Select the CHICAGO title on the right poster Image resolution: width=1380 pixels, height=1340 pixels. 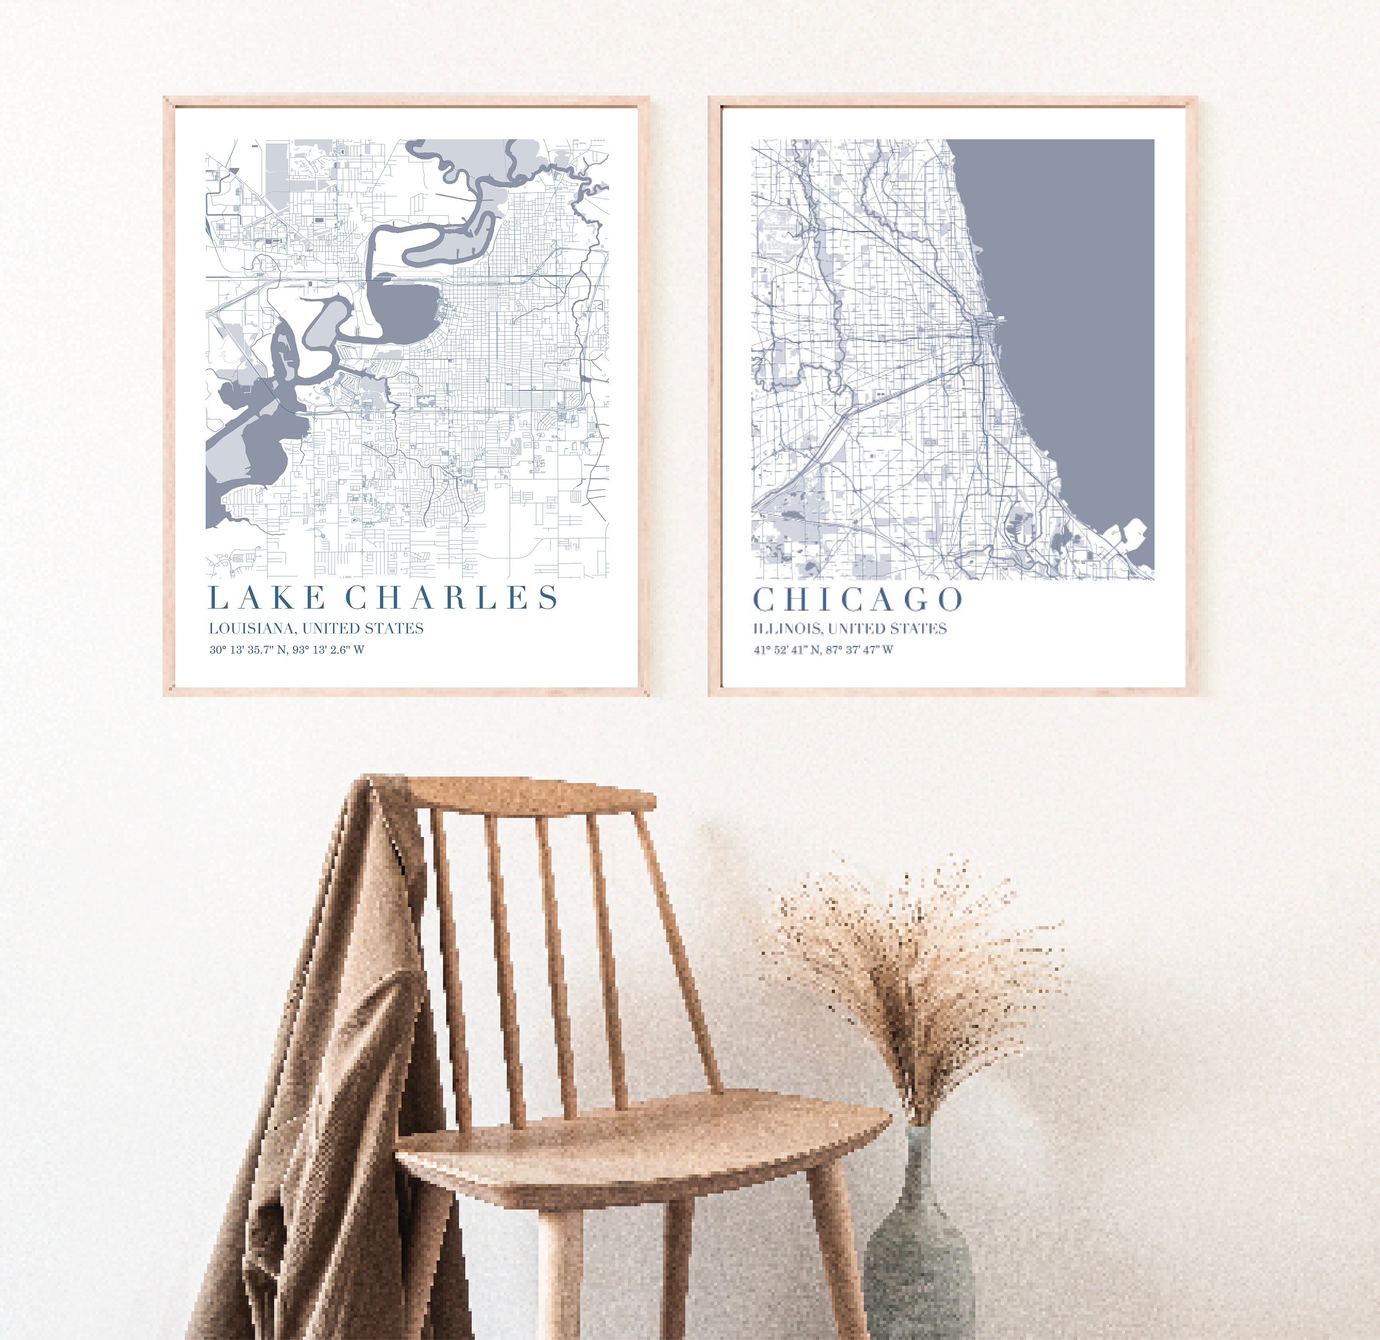pyautogui.click(x=857, y=600)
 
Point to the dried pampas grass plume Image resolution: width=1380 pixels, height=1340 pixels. pyautogui.click(x=915, y=951)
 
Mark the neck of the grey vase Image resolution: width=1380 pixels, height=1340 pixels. pyautogui.click(x=919, y=1141)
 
